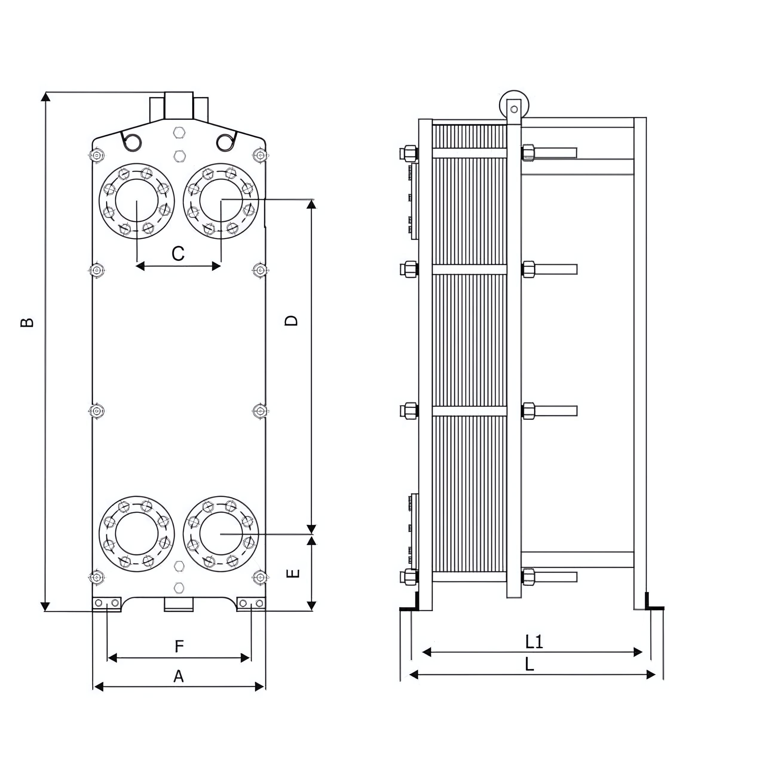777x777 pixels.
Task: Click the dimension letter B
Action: click(x=27, y=322)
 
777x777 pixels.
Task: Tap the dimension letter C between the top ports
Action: click(x=178, y=254)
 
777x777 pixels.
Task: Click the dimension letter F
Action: click(x=179, y=647)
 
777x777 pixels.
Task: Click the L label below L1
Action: click(x=530, y=664)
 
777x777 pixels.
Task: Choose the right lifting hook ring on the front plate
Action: click(x=225, y=142)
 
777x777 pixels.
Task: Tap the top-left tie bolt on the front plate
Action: click(x=97, y=155)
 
